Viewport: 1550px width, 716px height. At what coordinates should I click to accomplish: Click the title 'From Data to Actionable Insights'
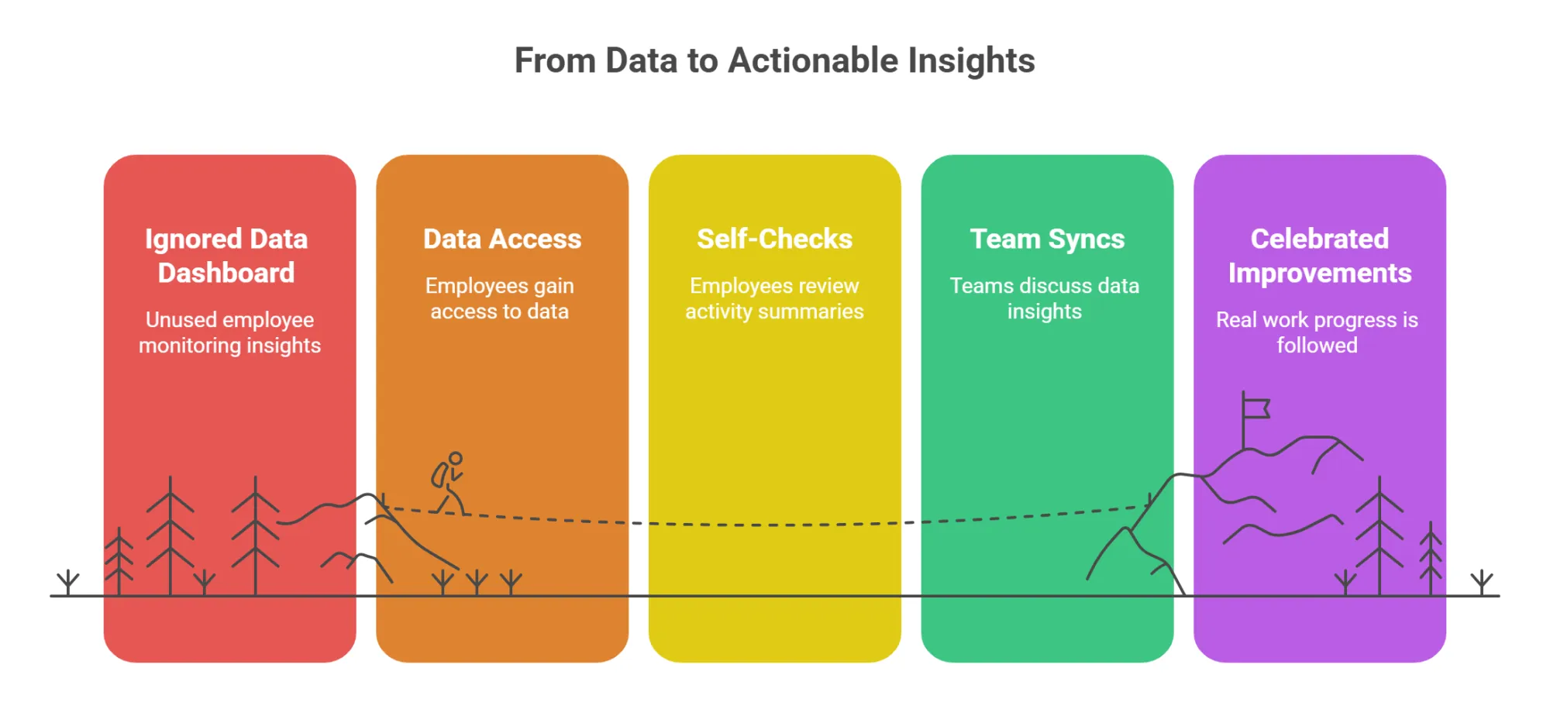pos(774,60)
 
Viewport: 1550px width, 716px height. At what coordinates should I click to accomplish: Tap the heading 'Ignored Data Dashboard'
pos(226,256)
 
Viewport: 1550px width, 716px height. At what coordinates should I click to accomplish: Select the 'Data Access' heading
pos(502,239)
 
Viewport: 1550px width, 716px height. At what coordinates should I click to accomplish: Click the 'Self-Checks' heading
pos(774,239)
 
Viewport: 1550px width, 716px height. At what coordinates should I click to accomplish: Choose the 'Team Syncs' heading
pos(1047,239)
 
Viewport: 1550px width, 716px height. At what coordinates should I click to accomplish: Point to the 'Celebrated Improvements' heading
pos(1319,256)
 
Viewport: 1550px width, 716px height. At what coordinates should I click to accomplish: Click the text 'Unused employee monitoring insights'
pos(229,332)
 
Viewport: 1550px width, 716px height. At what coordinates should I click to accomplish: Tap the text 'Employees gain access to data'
pos(500,298)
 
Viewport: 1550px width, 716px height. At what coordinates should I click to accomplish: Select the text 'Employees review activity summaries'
pos(774,298)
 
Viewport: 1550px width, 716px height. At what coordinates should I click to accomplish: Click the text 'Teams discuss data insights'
pos(1044,298)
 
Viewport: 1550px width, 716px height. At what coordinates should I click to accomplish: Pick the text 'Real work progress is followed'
pos(1317,332)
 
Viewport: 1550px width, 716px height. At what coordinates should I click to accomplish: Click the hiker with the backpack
pos(448,484)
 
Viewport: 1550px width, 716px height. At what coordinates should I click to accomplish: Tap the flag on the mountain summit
pos(1255,408)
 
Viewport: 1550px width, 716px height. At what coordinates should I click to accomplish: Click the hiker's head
pos(456,459)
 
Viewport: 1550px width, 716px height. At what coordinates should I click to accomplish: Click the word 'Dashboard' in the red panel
pos(226,273)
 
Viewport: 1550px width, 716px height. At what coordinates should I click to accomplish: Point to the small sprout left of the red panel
pos(68,581)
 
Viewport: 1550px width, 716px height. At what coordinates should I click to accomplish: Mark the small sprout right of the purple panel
pos(1481,581)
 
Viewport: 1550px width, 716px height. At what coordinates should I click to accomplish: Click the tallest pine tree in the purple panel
pos(1379,535)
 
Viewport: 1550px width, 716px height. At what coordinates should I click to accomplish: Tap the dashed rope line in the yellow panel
pos(774,525)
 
